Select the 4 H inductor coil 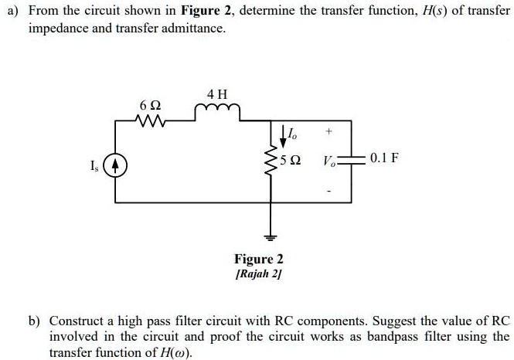219,114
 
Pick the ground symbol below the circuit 271,236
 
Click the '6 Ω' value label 150,104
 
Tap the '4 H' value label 217,95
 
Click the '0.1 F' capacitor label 384,159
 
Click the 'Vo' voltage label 328,162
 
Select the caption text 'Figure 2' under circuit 259,259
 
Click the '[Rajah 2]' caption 259,274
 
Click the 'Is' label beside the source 95,165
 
